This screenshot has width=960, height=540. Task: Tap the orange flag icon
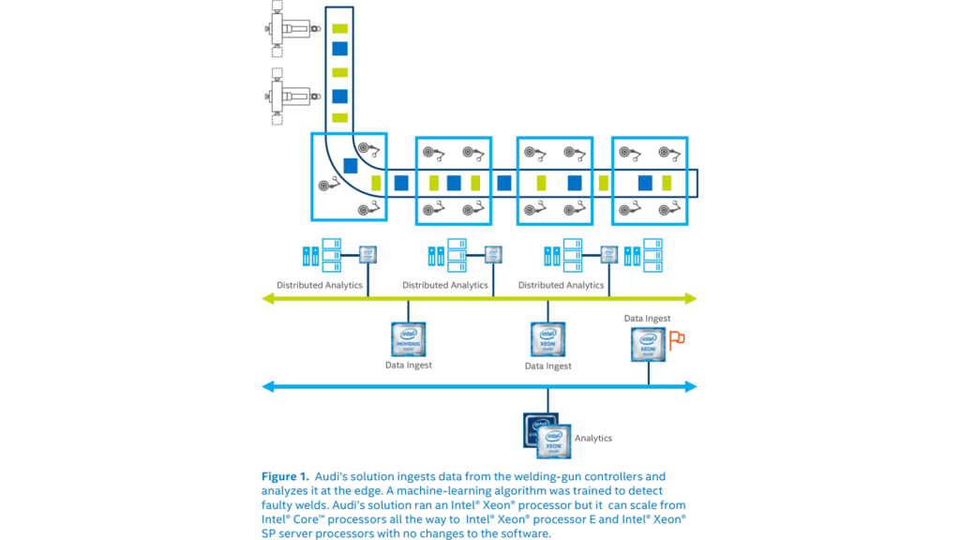[676, 338]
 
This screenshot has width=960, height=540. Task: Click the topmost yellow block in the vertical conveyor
[340, 28]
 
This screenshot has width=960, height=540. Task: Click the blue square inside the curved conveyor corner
[350, 166]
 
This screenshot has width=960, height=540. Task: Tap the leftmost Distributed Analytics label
[320, 284]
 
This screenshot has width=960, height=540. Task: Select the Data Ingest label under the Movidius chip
[409, 366]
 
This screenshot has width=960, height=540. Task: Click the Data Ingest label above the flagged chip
[647, 319]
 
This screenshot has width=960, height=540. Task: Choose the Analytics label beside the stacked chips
[593, 438]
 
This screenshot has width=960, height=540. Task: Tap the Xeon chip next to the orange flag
[648, 344]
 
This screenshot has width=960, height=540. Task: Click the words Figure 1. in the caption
[285, 477]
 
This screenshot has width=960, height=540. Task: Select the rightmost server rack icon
[644, 255]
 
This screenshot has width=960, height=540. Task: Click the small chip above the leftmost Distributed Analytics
[368, 254]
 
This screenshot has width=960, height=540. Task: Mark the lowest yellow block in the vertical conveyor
[340, 117]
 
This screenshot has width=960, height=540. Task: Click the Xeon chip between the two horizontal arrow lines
[547, 338]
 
